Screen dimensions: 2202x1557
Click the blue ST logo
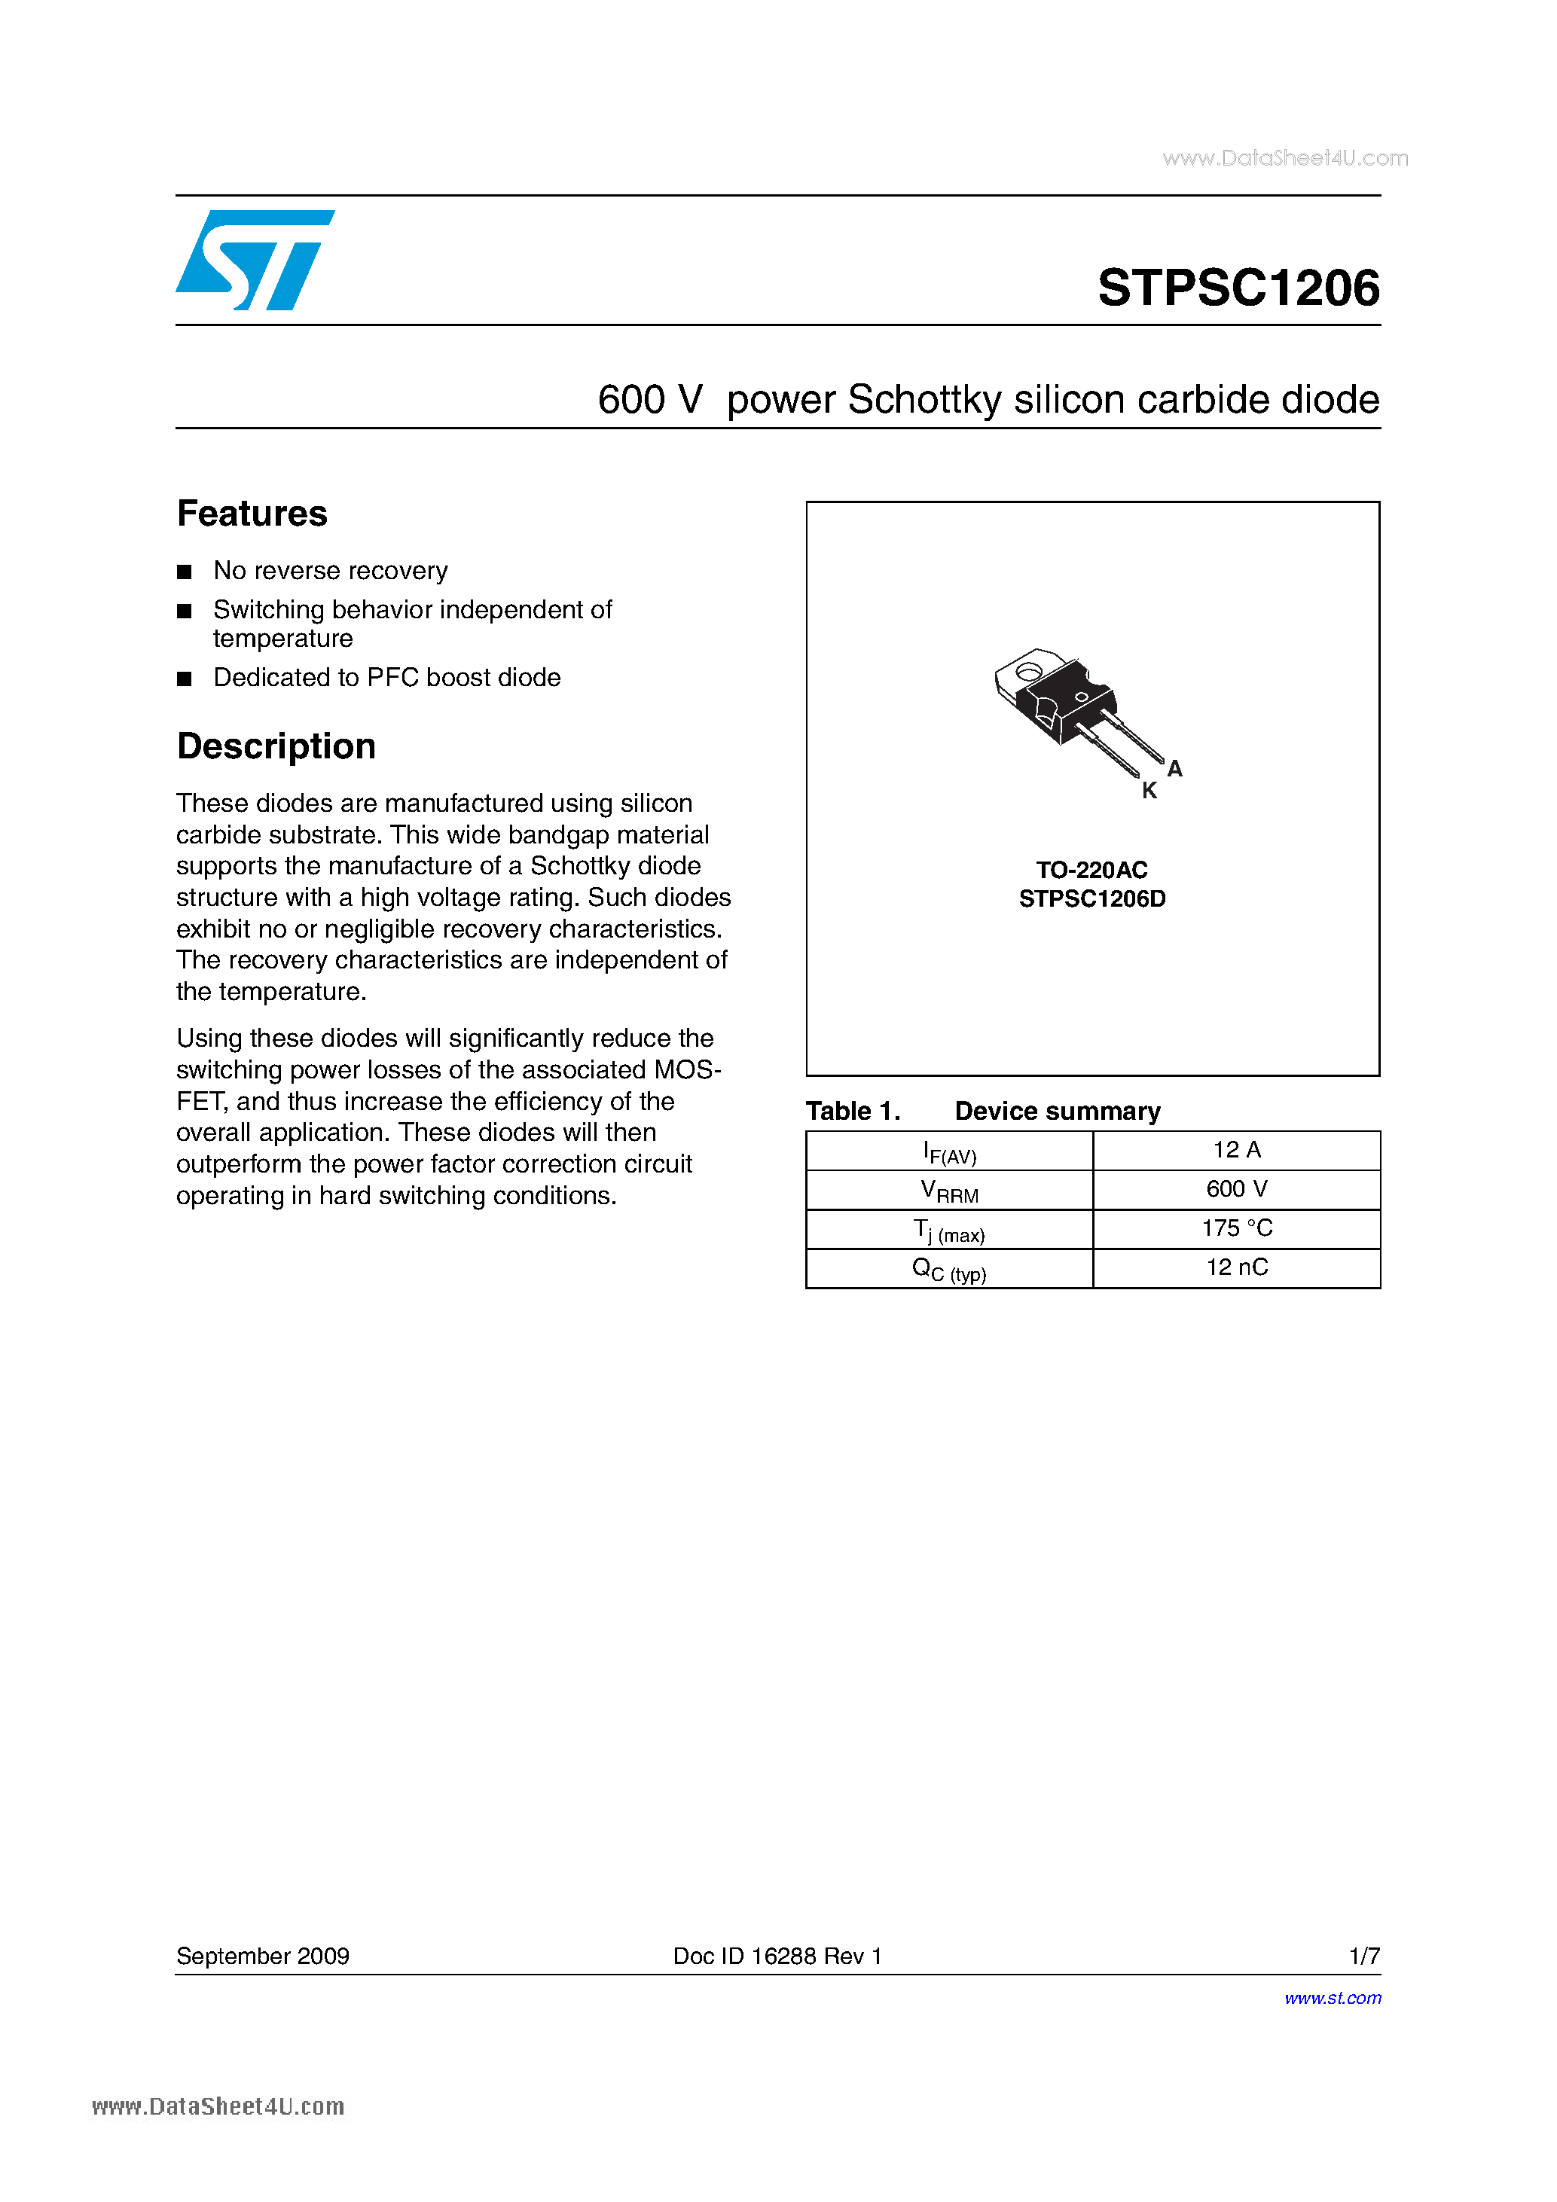[x=254, y=260]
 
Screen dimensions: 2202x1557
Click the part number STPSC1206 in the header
[x=1238, y=288]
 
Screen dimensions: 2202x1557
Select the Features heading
[x=252, y=514]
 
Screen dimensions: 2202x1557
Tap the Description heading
[x=276, y=746]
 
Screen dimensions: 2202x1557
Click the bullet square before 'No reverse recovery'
[x=185, y=572]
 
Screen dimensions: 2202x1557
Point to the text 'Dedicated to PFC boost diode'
[x=386, y=678]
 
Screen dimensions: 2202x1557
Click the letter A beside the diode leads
[x=1175, y=769]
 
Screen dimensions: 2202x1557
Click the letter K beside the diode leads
[x=1149, y=791]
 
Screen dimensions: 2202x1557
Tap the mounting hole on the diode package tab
[x=1028, y=671]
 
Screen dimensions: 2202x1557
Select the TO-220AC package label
[x=1091, y=870]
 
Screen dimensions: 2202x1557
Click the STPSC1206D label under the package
[x=1091, y=898]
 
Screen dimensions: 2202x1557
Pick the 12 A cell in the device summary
[x=1237, y=1150]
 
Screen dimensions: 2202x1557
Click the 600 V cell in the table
[x=1237, y=1189]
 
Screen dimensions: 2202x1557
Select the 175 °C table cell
[x=1237, y=1228]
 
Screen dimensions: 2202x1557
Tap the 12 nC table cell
[x=1237, y=1268]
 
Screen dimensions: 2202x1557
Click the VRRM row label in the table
[x=949, y=1191]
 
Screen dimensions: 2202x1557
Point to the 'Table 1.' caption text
[x=853, y=1112]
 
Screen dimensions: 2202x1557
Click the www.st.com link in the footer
[x=1333, y=1998]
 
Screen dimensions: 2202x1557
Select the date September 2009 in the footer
[x=263, y=1956]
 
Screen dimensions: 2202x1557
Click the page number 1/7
[x=1364, y=1956]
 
